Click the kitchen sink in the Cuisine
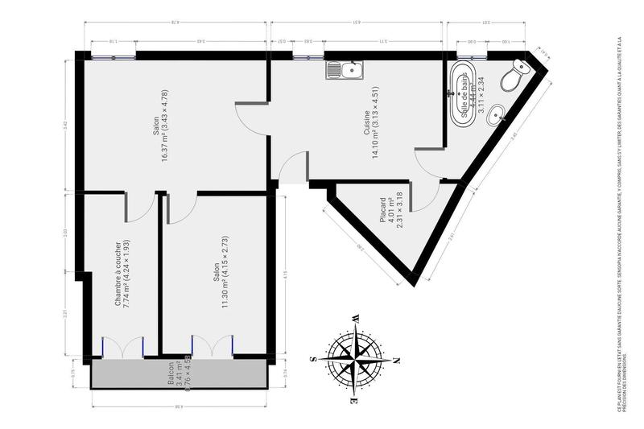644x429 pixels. (x=345, y=71)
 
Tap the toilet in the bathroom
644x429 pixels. (x=514, y=77)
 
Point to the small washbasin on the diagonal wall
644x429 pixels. (x=501, y=114)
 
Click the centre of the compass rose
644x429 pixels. (x=353, y=358)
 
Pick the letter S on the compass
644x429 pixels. (x=312, y=359)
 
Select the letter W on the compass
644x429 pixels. (x=354, y=319)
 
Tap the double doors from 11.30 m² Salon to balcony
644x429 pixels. (x=213, y=345)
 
